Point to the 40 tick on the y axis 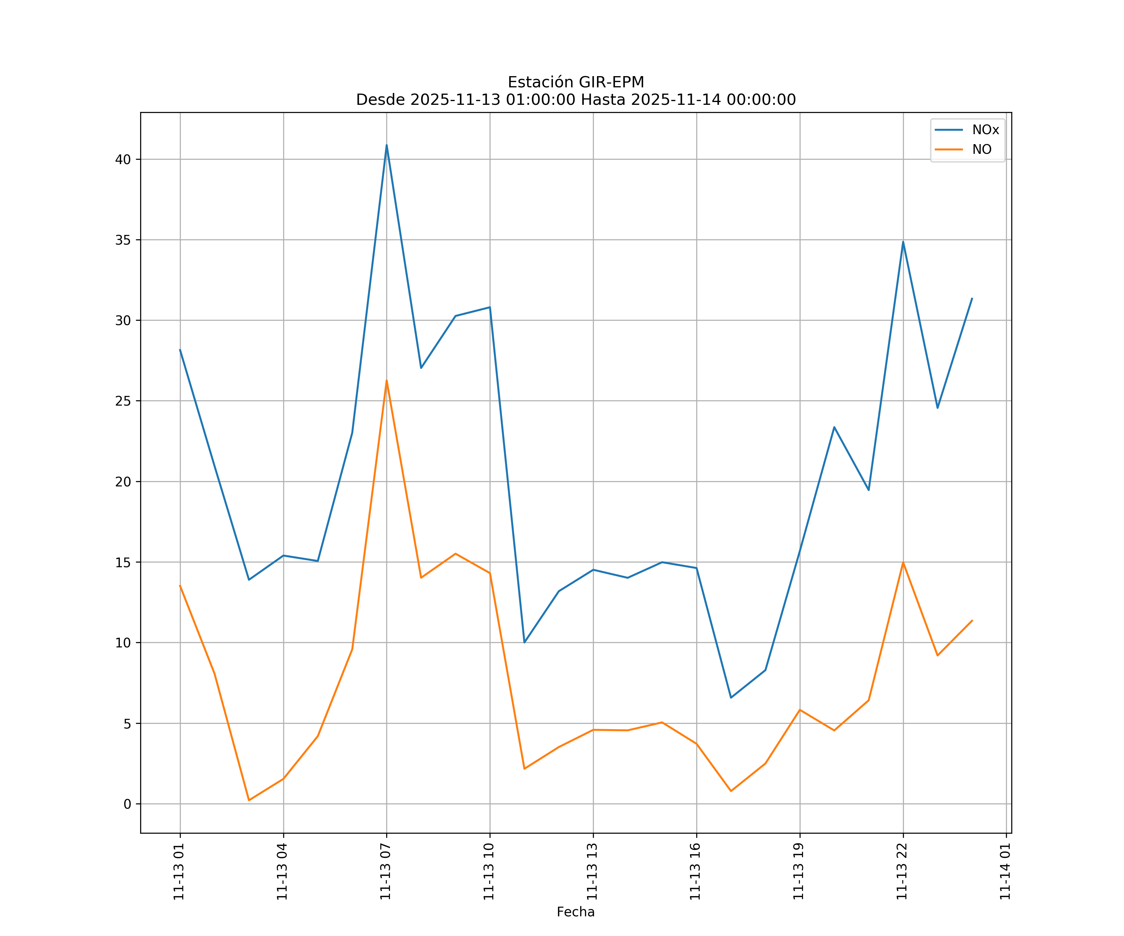point(123,159)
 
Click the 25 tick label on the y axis point(123,401)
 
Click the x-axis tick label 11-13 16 point(695,871)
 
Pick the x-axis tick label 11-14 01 point(1005,871)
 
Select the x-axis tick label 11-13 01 point(179,871)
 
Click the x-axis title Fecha point(575,912)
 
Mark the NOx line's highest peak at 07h point(387,145)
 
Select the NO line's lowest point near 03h point(249,800)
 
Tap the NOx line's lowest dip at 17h point(731,697)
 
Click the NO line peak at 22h point(903,562)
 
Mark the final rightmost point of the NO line point(972,621)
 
